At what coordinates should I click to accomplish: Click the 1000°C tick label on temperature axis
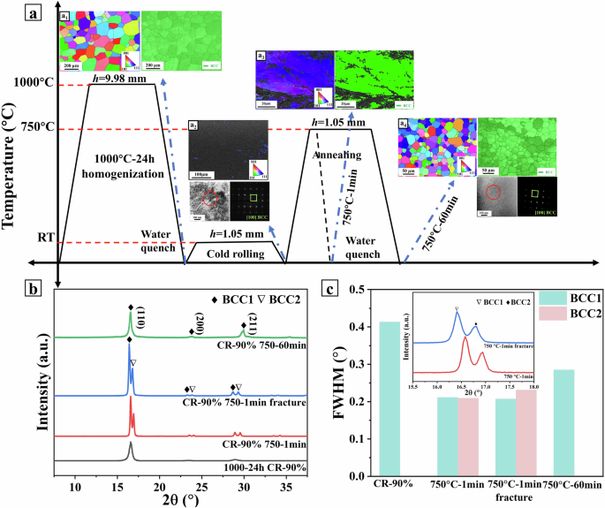point(34,84)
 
